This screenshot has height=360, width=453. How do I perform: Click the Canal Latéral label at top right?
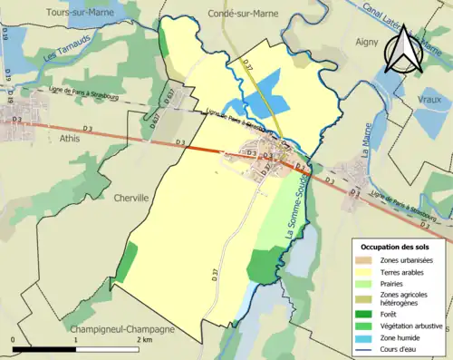pyautogui.click(x=418, y=20)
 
